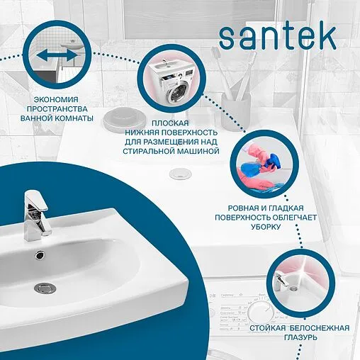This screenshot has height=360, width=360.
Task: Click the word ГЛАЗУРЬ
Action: [300, 339]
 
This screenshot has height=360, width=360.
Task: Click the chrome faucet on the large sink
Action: [37, 212]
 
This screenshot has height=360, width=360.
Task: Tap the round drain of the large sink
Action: [46, 287]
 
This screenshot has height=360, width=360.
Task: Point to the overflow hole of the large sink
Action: [40, 254]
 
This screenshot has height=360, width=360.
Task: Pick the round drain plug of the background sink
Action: [176, 172]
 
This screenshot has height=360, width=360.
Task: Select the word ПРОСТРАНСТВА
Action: [60, 108]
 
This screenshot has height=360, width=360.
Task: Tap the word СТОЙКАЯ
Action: [267, 329]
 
